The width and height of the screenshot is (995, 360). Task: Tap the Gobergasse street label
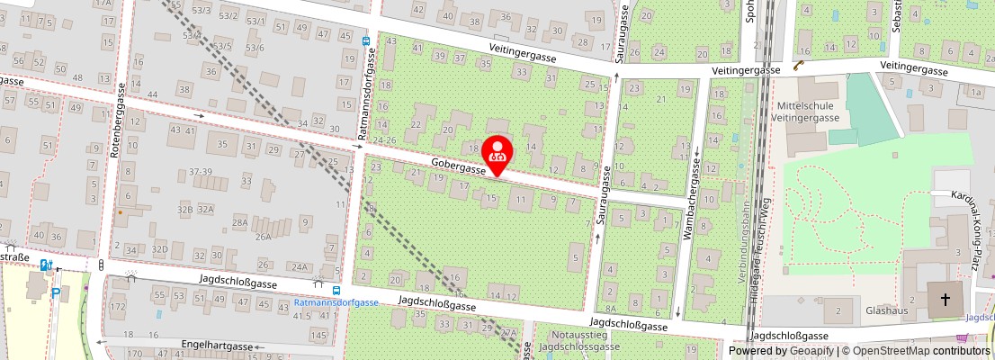(x=458, y=165)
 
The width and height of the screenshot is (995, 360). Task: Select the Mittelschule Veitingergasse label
(x=807, y=111)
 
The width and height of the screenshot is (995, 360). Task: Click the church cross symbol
(x=945, y=300)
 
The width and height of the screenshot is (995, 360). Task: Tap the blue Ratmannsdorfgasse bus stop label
(x=336, y=302)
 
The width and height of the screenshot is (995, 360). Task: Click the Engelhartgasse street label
(x=217, y=345)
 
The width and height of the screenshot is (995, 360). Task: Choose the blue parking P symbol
(x=56, y=292)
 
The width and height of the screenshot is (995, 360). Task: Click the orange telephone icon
(x=798, y=65)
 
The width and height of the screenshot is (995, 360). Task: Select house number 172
(x=118, y=308)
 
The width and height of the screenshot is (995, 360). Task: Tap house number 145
(x=318, y=335)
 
